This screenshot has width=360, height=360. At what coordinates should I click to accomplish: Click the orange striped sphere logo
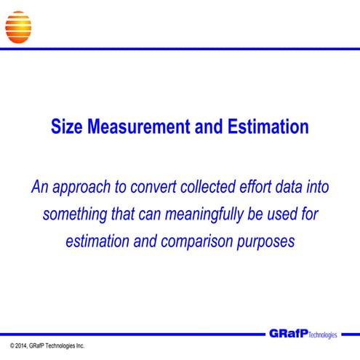point(18,24)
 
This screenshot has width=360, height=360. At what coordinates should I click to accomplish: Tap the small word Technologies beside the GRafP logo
point(324,336)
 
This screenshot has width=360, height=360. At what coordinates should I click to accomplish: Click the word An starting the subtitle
point(39,187)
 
